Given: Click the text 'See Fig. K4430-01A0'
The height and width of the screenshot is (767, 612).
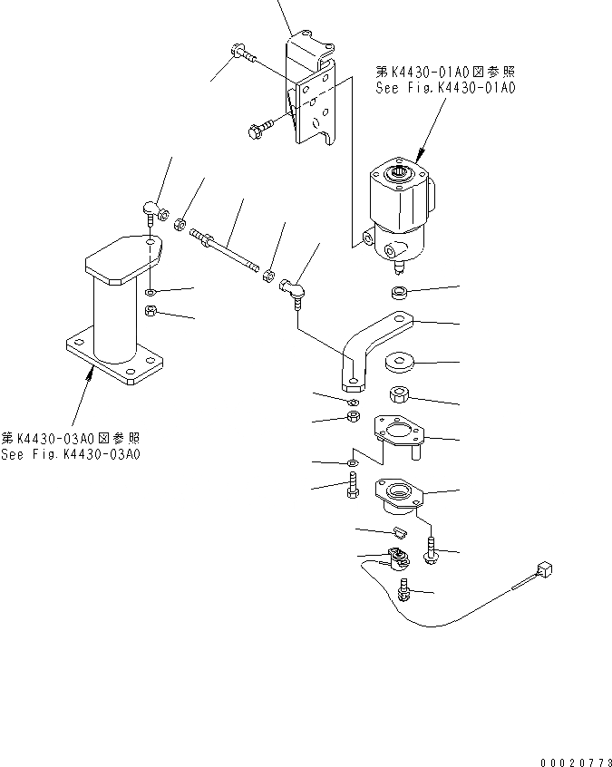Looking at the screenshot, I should point(444,89).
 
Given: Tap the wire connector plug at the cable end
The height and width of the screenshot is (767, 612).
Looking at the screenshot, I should point(544,571).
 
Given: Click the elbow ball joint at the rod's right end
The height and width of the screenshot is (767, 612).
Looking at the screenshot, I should point(295,289).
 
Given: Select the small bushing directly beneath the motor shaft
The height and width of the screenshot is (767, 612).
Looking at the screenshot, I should point(396,293).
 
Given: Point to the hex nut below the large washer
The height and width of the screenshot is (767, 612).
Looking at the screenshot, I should point(399,395).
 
